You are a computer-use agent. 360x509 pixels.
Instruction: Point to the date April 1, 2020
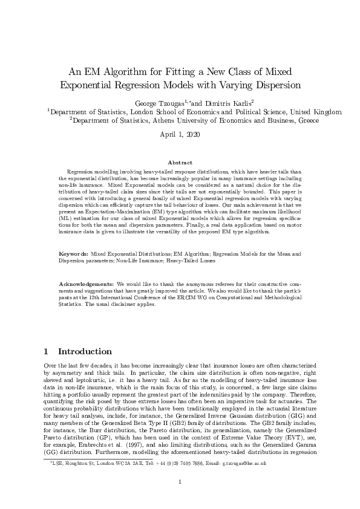pyautogui.click(x=180, y=134)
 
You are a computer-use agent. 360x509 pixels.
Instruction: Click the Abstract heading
pyautogui.click(x=180, y=163)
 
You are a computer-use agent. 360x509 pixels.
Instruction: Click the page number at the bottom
pyautogui.click(x=180, y=481)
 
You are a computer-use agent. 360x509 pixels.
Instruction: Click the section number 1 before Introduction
pyautogui.click(x=47, y=351)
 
